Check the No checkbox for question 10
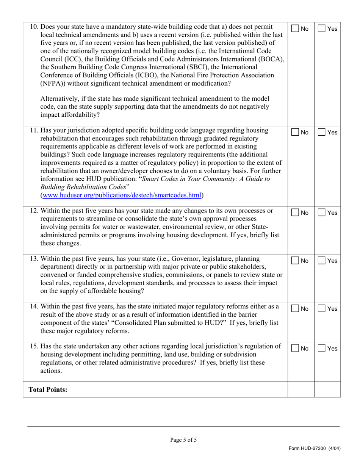click(x=295, y=29)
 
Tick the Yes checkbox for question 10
click(x=321, y=29)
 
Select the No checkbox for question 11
click(x=295, y=133)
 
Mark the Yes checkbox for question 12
click(x=321, y=213)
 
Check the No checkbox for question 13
click(x=295, y=261)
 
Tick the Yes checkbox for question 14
click(x=321, y=309)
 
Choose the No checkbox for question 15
click(x=295, y=349)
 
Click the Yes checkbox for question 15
click(x=321, y=349)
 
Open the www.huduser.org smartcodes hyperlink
click(x=122, y=195)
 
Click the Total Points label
click(x=48, y=389)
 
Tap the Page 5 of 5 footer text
click(x=183, y=440)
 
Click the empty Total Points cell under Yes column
click(x=327, y=389)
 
